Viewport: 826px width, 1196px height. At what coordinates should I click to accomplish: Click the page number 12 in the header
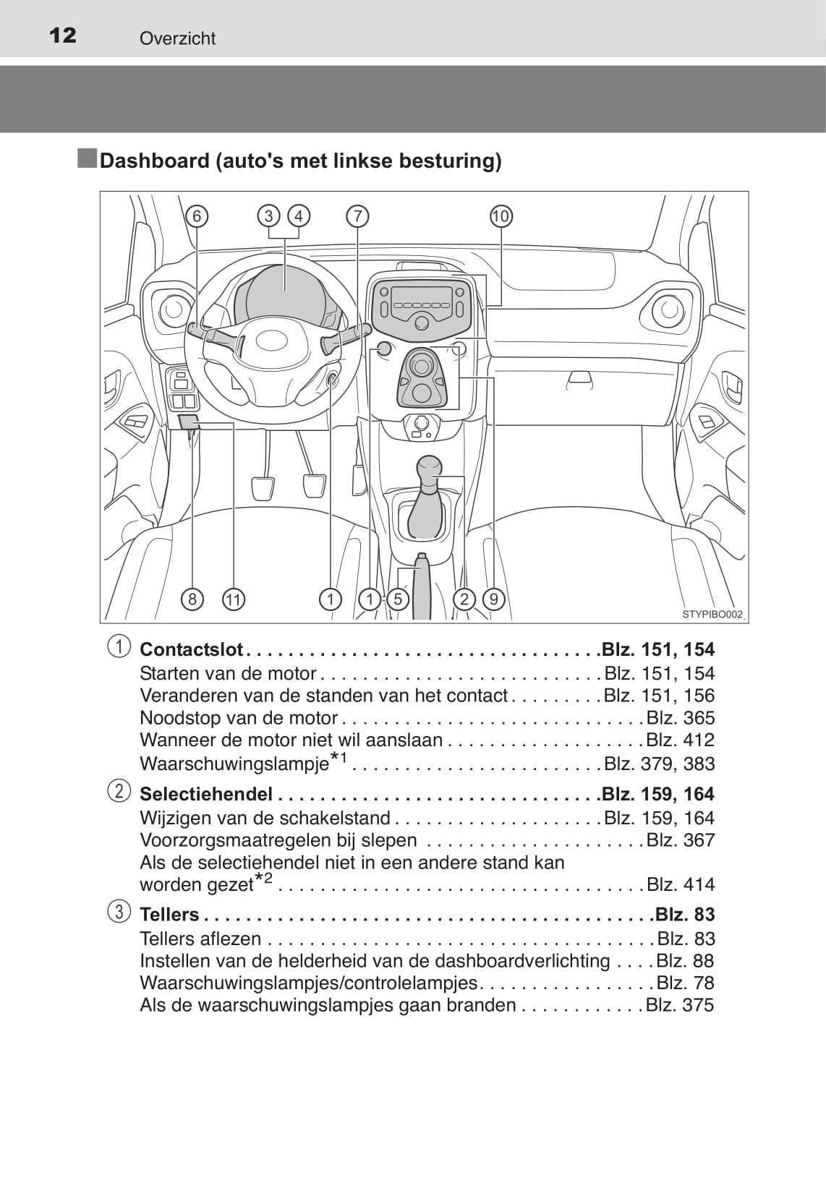tap(63, 35)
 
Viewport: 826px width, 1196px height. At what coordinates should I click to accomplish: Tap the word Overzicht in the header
tap(177, 38)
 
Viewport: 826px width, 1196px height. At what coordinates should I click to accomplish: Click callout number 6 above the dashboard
tap(196, 216)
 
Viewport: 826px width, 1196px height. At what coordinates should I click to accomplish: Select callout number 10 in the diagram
tap(501, 216)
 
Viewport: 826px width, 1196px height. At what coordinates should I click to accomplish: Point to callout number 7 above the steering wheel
tap(357, 216)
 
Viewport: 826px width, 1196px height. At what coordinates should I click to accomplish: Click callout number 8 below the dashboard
tap(192, 599)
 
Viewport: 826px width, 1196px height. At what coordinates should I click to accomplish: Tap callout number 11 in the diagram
tap(233, 599)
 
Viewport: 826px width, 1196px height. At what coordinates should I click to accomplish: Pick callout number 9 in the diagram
tap(493, 599)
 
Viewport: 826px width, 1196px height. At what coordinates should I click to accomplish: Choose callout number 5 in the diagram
tap(397, 599)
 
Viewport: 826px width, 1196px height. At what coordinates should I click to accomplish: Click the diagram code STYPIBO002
tap(712, 615)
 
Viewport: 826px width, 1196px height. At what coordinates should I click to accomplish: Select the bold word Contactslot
tap(191, 649)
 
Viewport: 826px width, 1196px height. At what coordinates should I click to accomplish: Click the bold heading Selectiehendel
tap(206, 794)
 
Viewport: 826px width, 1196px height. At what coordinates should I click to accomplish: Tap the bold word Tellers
tap(169, 915)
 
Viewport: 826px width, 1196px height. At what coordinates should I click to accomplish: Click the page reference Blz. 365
tap(680, 718)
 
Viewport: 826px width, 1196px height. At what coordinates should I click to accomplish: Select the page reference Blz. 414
tap(680, 884)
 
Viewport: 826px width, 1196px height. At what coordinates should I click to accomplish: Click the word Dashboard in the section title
tap(154, 161)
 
